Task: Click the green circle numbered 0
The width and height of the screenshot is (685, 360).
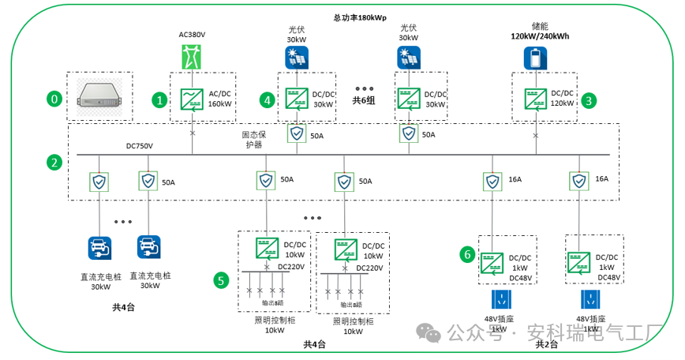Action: click(54, 99)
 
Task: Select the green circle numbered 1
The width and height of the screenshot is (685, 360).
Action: click(160, 99)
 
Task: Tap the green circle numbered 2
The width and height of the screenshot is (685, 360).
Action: click(54, 163)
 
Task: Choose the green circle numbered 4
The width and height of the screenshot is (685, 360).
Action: click(268, 99)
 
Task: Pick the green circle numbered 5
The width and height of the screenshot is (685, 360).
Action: click(222, 279)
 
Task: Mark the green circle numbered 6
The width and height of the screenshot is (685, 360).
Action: click(468, 254)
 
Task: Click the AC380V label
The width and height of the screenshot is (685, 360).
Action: click(192, 35)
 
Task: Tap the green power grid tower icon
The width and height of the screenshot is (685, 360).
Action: click(192, 58)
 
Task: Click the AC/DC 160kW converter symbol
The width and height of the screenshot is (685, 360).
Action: click(192, 99)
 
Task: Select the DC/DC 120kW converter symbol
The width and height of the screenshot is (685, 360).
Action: click(535, 99)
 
